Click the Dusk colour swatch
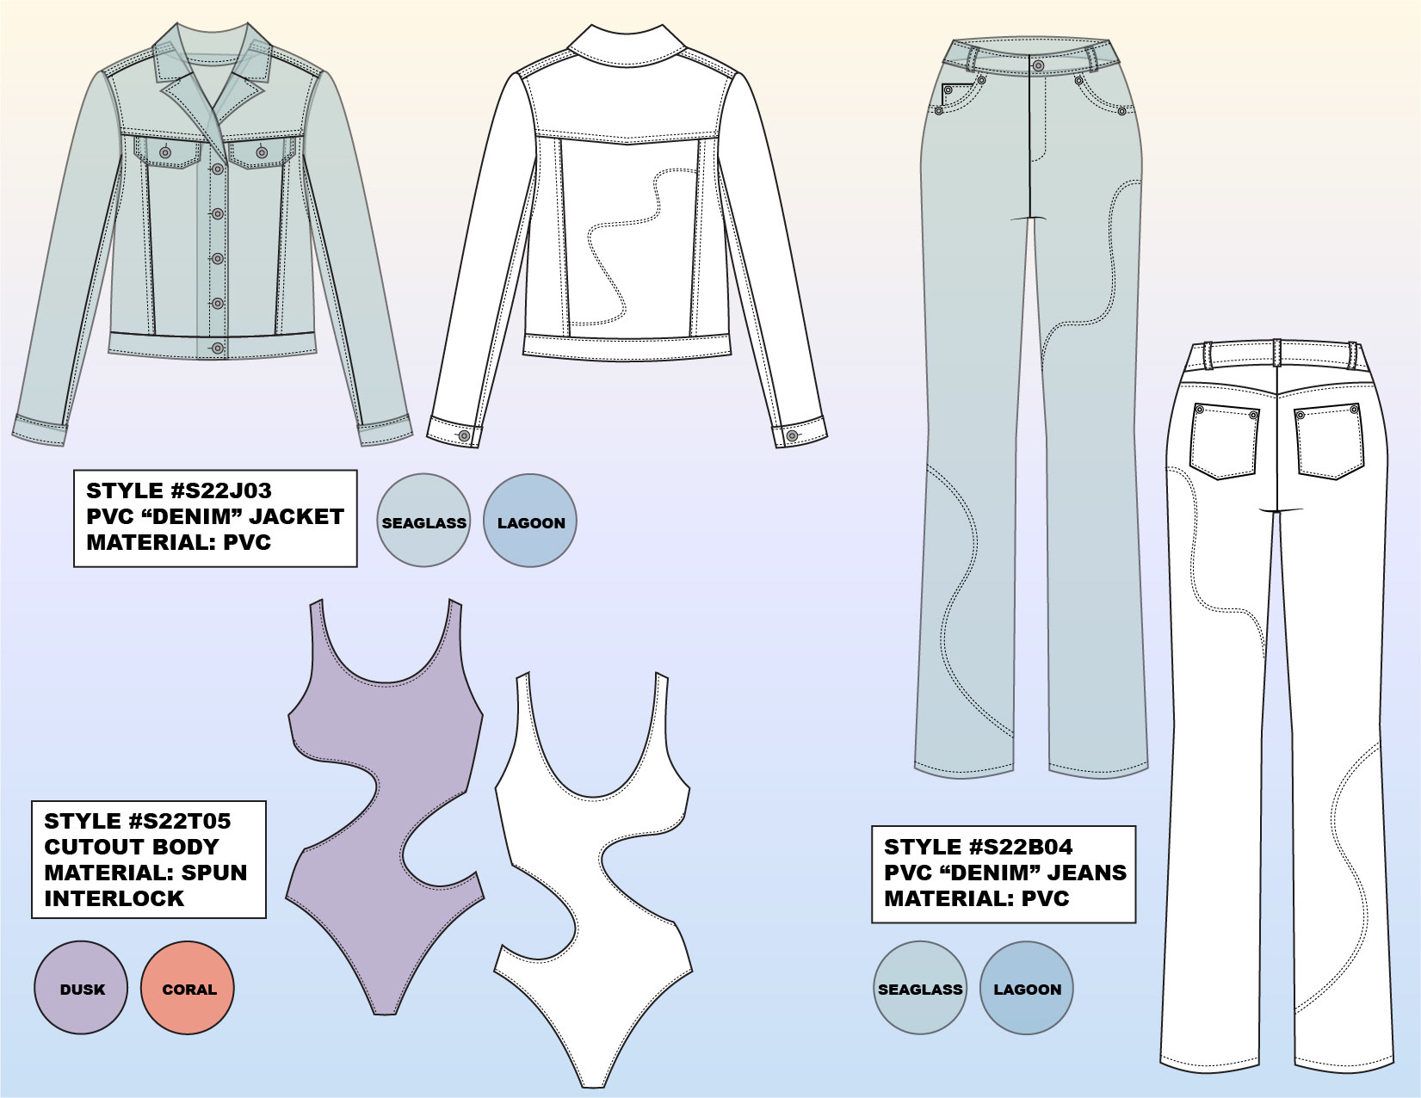(x=81, y=988)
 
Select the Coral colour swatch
(x=188, y=988)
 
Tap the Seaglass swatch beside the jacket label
(x=423, y=521)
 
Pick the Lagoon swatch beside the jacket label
(x=530, y=521)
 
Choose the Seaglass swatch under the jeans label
(x=920, y=988)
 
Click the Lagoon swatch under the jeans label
(x=1027, y=988)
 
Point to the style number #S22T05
(x=180, y=821)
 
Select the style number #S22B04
(x=1022, y=847)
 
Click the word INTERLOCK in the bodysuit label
(x=114, y=898)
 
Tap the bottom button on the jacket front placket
(x=218, y=348)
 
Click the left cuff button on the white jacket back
(x=465, y=435)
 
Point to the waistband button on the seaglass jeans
(x=1039, y=65)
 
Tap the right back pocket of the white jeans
(x=1329, y=440)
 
